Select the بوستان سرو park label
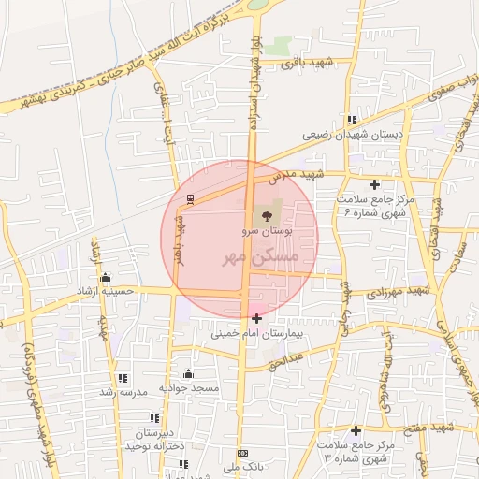point(272,229)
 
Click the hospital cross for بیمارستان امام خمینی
point(257,319)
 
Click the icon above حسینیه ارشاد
point(105,277)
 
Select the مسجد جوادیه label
point(188,387)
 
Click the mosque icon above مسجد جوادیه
point(188,374)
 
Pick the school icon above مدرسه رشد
point(123,379)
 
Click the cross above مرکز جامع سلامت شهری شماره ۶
point(375,184)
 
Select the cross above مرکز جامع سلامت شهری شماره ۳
point(356,431)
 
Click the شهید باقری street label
point(312,63)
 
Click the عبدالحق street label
point(293,358)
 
